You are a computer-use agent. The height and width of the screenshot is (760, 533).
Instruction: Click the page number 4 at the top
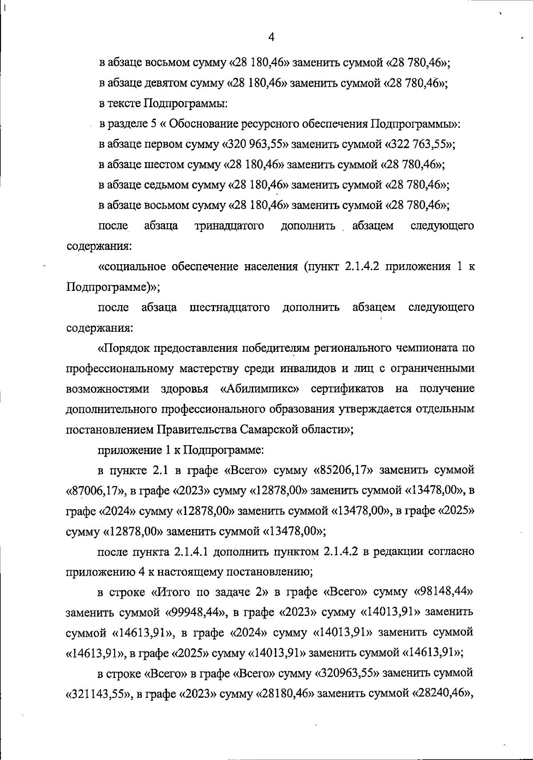coord(271,37)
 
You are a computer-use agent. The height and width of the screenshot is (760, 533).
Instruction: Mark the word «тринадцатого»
coord(230,226)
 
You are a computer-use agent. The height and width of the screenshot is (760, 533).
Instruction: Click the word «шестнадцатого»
coord(230,307)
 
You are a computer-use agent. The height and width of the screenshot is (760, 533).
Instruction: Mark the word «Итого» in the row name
coord(174,592)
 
